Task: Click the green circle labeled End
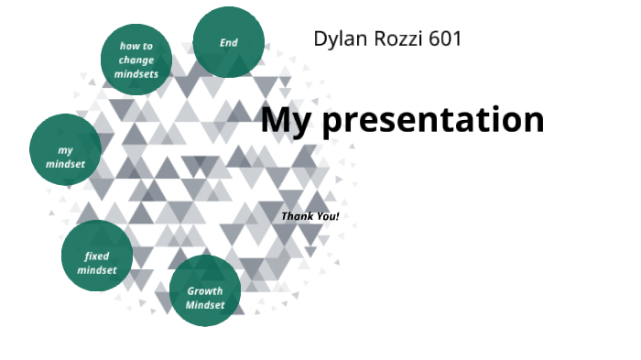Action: [229, 42]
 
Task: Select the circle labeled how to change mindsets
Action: [136, 60]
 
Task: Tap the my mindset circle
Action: [65, 150]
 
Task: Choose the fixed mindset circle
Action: [97, 256]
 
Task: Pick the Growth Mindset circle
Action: [205, 291]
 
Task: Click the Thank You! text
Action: [310, 216]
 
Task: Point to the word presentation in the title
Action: [434, 121]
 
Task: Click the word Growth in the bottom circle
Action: [205, 291]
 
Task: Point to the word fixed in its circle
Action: [97, 256]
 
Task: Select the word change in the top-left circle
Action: [136, 60]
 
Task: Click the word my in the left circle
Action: [65, 150]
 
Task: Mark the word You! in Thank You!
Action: [326, 216]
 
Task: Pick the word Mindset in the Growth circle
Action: [205, 305]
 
